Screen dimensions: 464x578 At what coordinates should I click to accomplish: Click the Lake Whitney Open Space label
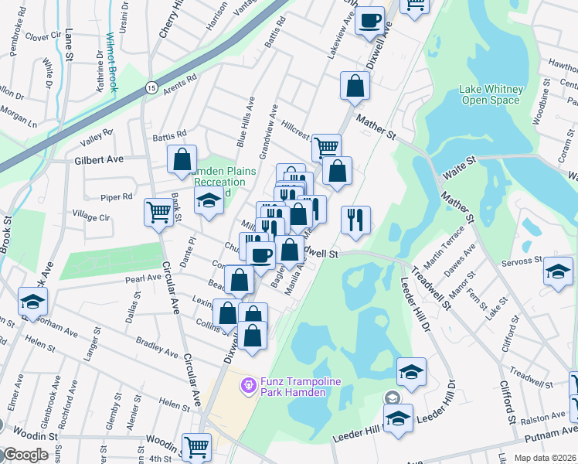(x=491, y=94)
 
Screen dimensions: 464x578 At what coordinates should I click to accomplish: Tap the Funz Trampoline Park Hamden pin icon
(x=249, y=384)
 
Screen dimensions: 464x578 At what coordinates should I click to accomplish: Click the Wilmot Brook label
(x=112, y=62)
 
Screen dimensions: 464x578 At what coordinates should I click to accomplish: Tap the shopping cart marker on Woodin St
(x=196, y=446)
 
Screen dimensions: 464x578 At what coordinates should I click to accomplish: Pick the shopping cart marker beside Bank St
(x=158, y=211)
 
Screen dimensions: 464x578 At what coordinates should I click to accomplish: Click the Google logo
(x=25, y=455)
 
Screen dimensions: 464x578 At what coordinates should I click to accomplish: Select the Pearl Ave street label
(x=142, y=278)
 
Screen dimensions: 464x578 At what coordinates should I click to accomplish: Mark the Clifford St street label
(x=511, y=403)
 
